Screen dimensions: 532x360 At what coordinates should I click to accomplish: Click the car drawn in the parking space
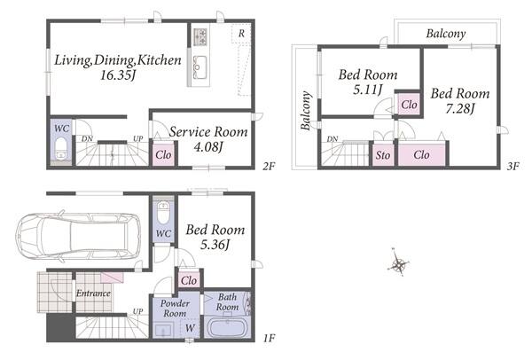78,237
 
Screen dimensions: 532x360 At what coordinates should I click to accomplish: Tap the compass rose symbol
399,263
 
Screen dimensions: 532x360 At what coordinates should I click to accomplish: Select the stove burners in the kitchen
199,37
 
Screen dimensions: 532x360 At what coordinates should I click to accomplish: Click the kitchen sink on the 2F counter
199,67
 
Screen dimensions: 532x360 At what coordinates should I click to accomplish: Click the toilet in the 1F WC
163,213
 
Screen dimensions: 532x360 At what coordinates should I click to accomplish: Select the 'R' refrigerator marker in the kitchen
241,34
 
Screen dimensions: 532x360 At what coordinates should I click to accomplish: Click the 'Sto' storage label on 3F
383,155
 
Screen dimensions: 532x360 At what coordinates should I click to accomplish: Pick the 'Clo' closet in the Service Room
163,154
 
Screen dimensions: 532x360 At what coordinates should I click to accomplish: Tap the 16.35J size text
118,75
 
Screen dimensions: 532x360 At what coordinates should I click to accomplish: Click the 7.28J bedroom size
459,108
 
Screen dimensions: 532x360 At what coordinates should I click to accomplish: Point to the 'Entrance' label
93,293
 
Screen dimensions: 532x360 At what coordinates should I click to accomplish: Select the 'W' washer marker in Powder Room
190,328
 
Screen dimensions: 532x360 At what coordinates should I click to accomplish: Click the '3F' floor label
513,167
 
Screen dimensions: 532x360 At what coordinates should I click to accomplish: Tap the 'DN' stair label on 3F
332,139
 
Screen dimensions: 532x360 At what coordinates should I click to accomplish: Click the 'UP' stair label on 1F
137,311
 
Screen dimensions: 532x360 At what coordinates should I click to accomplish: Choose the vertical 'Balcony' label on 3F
306,111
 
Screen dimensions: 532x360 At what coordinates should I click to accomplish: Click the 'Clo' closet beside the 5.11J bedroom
409,105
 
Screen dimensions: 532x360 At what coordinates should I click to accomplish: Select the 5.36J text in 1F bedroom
215,245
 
